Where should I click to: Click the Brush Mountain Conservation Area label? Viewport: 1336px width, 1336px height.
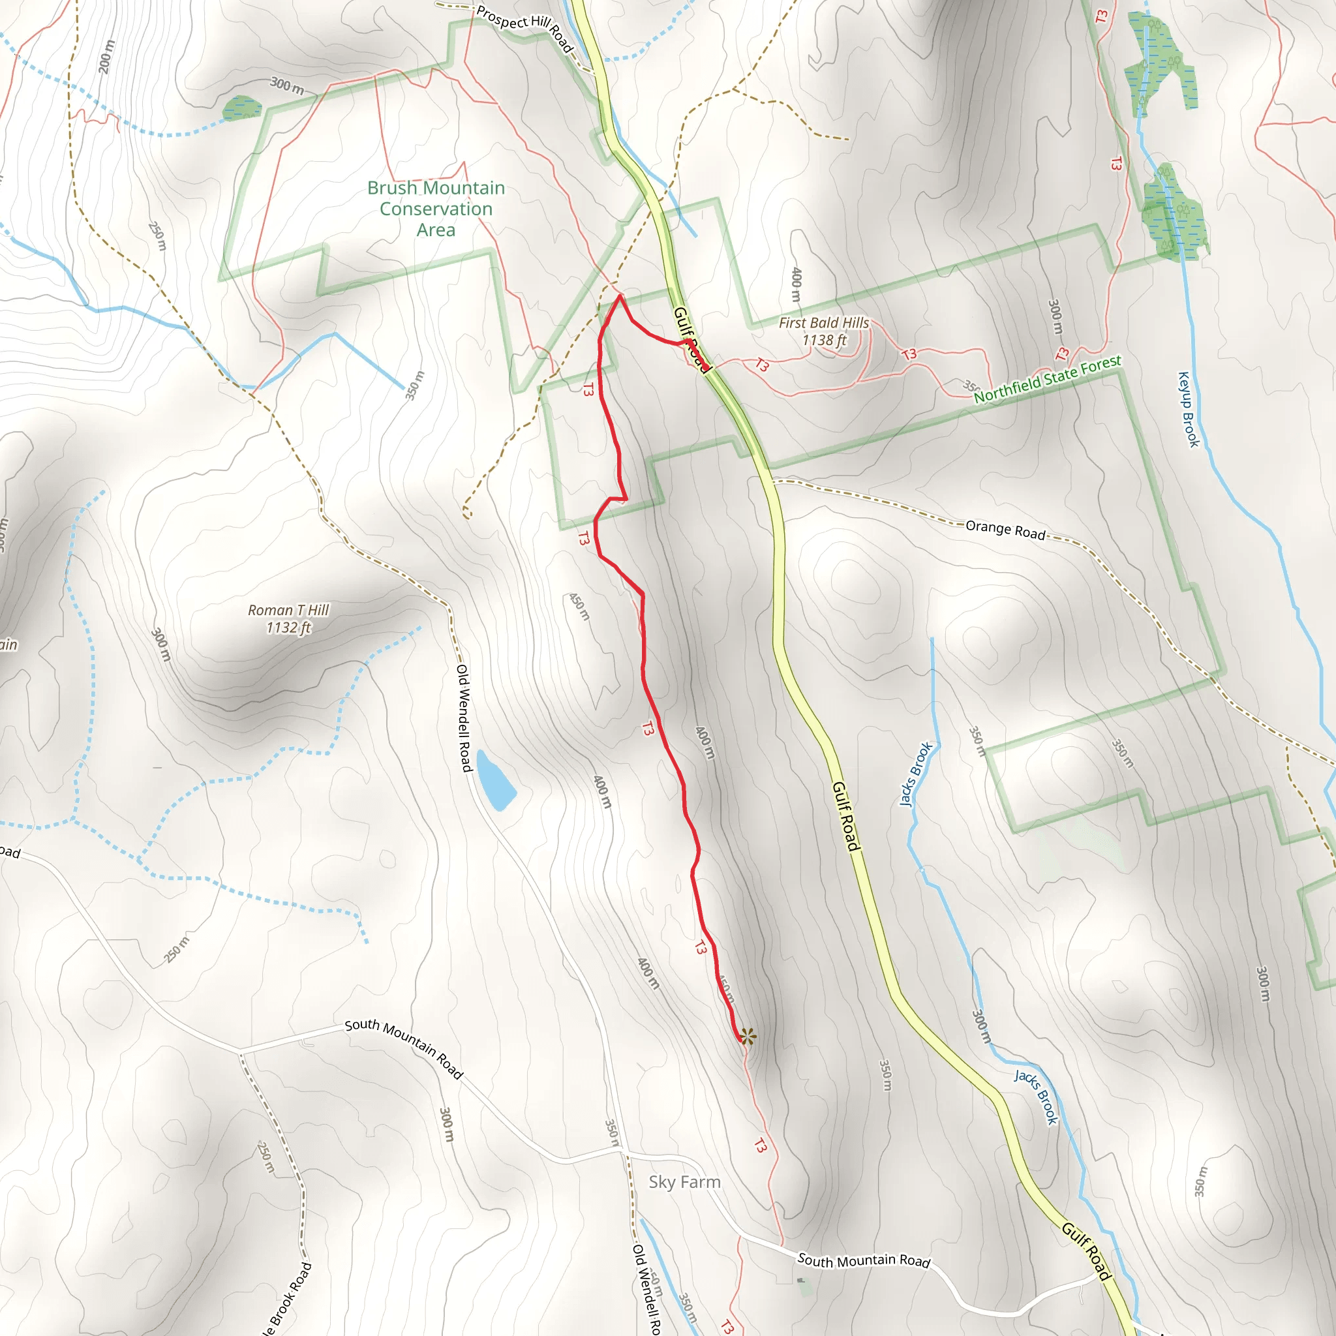pos(436,209)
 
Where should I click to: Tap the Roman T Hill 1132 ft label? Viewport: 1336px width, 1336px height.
pos(288,618)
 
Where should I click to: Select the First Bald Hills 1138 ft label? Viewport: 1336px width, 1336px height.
pos(824,331)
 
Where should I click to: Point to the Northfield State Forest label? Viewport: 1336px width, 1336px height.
pos(1047,379)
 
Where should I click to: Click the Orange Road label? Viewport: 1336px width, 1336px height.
pos(1005,530)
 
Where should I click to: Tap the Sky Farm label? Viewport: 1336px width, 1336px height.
pos(684,1182)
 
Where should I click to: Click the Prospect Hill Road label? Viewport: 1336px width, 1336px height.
pos(526,27)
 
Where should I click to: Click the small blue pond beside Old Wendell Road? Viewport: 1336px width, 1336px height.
pos(495,781)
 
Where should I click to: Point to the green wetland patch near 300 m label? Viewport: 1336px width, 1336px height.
pos(241,108)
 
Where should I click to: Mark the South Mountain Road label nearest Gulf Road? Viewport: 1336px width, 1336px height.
pos(864,1260)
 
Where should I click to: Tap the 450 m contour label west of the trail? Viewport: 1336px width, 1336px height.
pos(579,607)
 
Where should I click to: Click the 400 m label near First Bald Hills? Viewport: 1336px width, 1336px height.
pos(796,284)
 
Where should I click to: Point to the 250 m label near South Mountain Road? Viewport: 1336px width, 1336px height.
pos(176,949)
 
